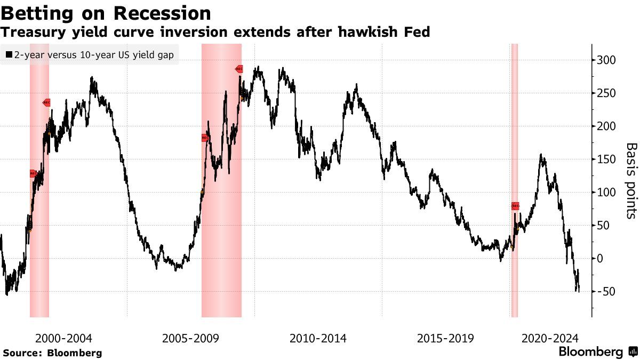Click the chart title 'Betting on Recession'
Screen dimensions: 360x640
pyautogui.click(x=106, y=13)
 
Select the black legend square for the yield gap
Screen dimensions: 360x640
pyautogui.click(x=9, y=54)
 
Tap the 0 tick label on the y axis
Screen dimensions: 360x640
pyautogui.click(x=601, y=259)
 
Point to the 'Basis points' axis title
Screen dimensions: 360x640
pyautogui.click(x=631, y=180)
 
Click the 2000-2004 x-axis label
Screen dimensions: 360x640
pyautogui.click(x=63, y=338)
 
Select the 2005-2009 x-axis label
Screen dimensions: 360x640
pyautogui.click(x=190, y=338)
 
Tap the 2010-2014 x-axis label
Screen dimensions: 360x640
pyautogui.click(x=318, y=338)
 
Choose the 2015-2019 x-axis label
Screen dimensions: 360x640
pyautogui.click(x=445, y=338)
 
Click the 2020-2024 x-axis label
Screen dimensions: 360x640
pyautogui.click(x=549, y=338)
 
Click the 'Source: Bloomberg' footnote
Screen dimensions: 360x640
pyautogui.click(x=52, y=353)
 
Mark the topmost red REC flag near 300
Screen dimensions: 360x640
pyautogui.click(x=239, y=69)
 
